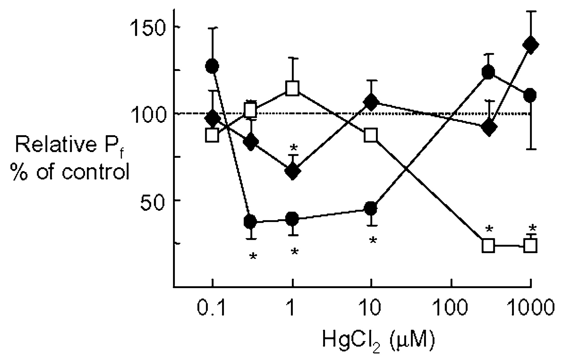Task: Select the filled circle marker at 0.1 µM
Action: pyautogui.click(x=212, y=66)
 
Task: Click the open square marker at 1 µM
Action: pyautogui.click(x=292, y=89)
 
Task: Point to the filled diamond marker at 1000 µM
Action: pyautogui.click(x=531, y=44)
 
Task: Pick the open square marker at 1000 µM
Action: pyautogui.click(x=531, y=246)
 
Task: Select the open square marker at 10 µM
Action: pyautogui.click(x=371, y=135)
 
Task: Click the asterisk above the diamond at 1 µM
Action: pyautogui.click(x=293, y=147)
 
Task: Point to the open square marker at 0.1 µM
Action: pyautogui.click(x=212, y=135)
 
